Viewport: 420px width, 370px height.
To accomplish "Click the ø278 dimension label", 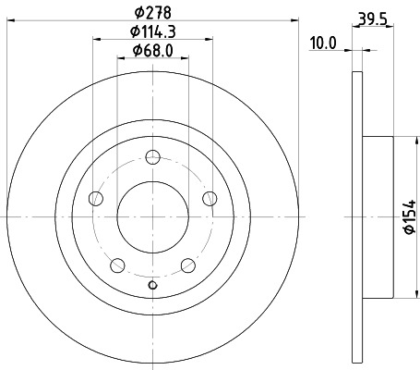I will click(x=153, y=12).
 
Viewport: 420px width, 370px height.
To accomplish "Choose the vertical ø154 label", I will click(x=411, y=217).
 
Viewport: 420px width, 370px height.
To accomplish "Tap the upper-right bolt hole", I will click(x=210, y=197).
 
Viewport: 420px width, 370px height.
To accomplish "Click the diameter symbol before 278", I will click(x=137, y=12).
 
